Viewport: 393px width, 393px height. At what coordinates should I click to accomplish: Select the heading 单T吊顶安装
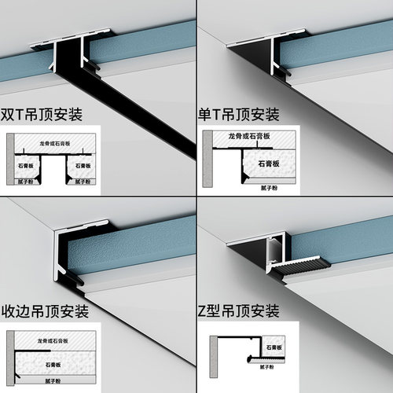point(237,115)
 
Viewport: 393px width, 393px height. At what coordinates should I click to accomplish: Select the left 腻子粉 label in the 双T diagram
point(30,181)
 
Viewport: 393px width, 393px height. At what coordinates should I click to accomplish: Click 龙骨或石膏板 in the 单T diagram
point(249,137)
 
